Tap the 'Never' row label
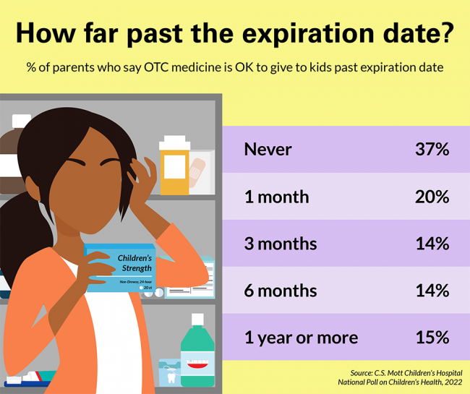268,150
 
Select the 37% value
432,150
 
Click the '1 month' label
276,197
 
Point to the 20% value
432,197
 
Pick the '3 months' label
281,244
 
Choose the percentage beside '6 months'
432,291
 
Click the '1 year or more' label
301,338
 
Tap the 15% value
432,338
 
